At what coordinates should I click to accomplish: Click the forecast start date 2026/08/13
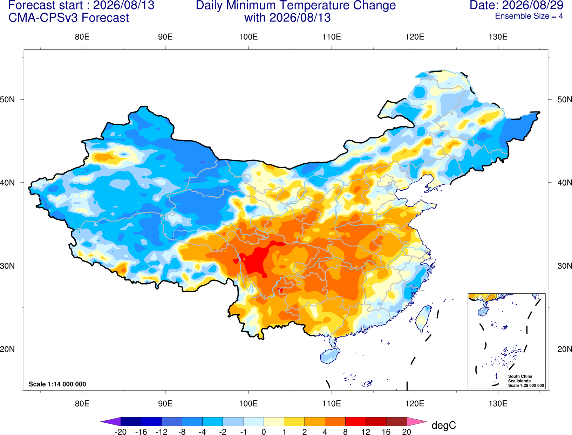click(x=124, y=5)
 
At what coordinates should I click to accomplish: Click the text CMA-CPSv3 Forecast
click(x=69, y=18)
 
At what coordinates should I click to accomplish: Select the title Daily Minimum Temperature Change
click(x=296, y=5)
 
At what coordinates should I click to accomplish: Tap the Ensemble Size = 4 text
click(x=529, y=16)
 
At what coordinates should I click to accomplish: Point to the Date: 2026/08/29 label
click(x=516, y=5)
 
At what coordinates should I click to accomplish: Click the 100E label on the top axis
click(x=248, y=37)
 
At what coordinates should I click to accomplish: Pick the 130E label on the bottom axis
click(x=498, y=404)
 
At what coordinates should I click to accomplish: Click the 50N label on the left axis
click(x=7, y=99)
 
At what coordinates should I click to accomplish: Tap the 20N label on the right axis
click(x=565, y=349)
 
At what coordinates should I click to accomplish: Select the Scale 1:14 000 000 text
click(x=57, y=384)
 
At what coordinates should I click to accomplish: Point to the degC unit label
click(x=443, y=426)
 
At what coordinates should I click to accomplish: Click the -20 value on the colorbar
click(x=121, y=432)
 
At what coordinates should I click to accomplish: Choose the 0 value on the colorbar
click(x=264, y=432)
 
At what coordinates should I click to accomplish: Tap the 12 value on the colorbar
click(x=366, y=432)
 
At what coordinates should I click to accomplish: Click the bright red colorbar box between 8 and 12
click(x=355, y=422)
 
